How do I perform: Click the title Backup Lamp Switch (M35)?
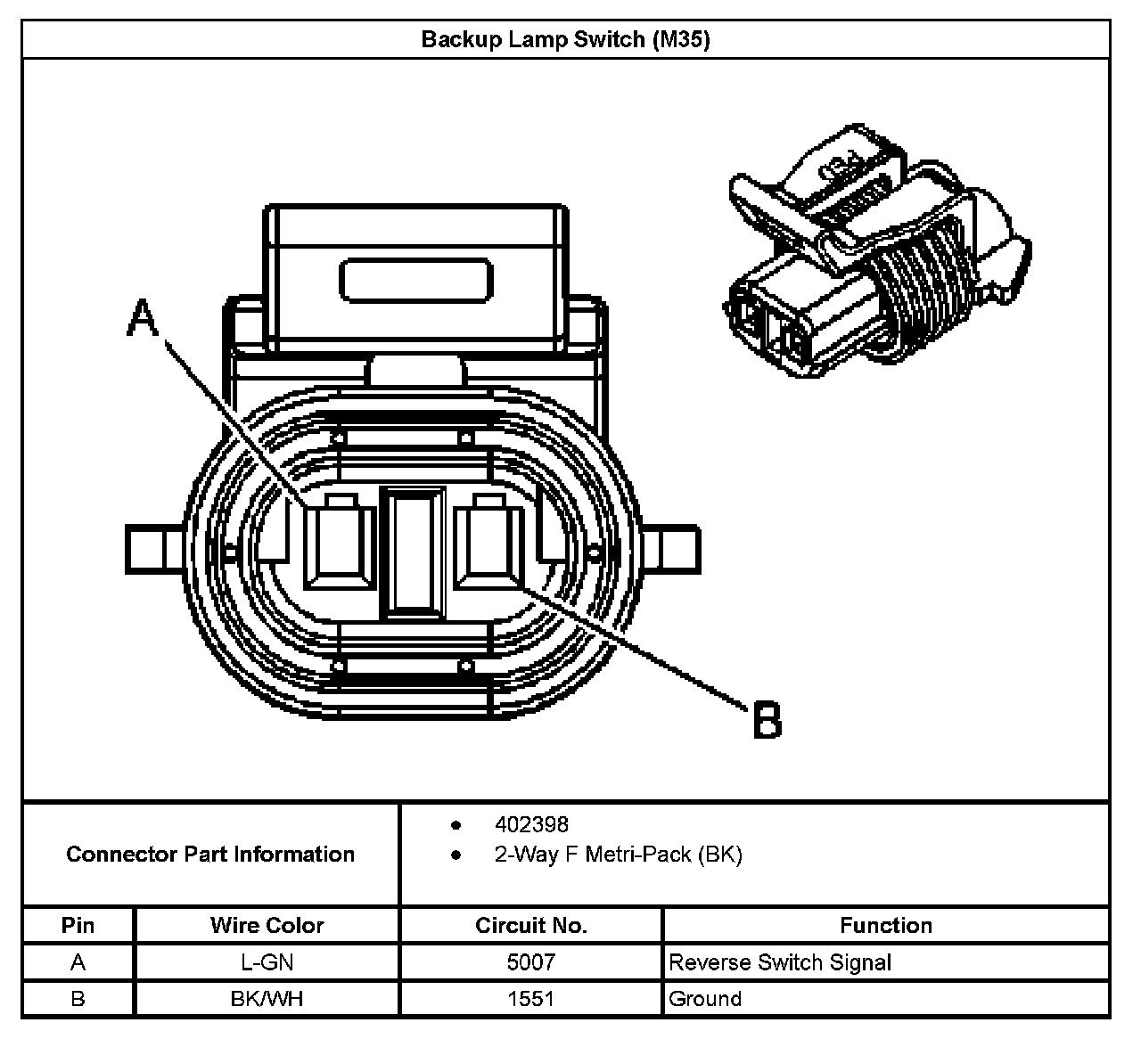click(565, 40)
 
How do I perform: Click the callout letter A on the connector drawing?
click(143, 318)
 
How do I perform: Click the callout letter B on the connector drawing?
click(767, 719)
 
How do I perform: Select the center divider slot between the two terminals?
click(413, 552)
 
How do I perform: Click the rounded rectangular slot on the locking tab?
click(416, 280)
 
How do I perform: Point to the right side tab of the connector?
click(674, 550)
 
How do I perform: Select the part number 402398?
click(531, 824)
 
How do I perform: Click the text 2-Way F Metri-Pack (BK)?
click(618, 855)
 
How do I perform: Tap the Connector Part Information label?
click(210, 855)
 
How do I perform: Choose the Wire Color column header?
click(267, 925)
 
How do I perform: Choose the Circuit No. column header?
click(531, 925)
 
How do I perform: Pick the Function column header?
click(885, 925)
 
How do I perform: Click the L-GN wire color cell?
click(267, 962)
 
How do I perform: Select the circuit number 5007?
click(531, 962)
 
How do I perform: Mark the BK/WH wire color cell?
click(267, 999)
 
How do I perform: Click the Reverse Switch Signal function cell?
click(780, 962)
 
